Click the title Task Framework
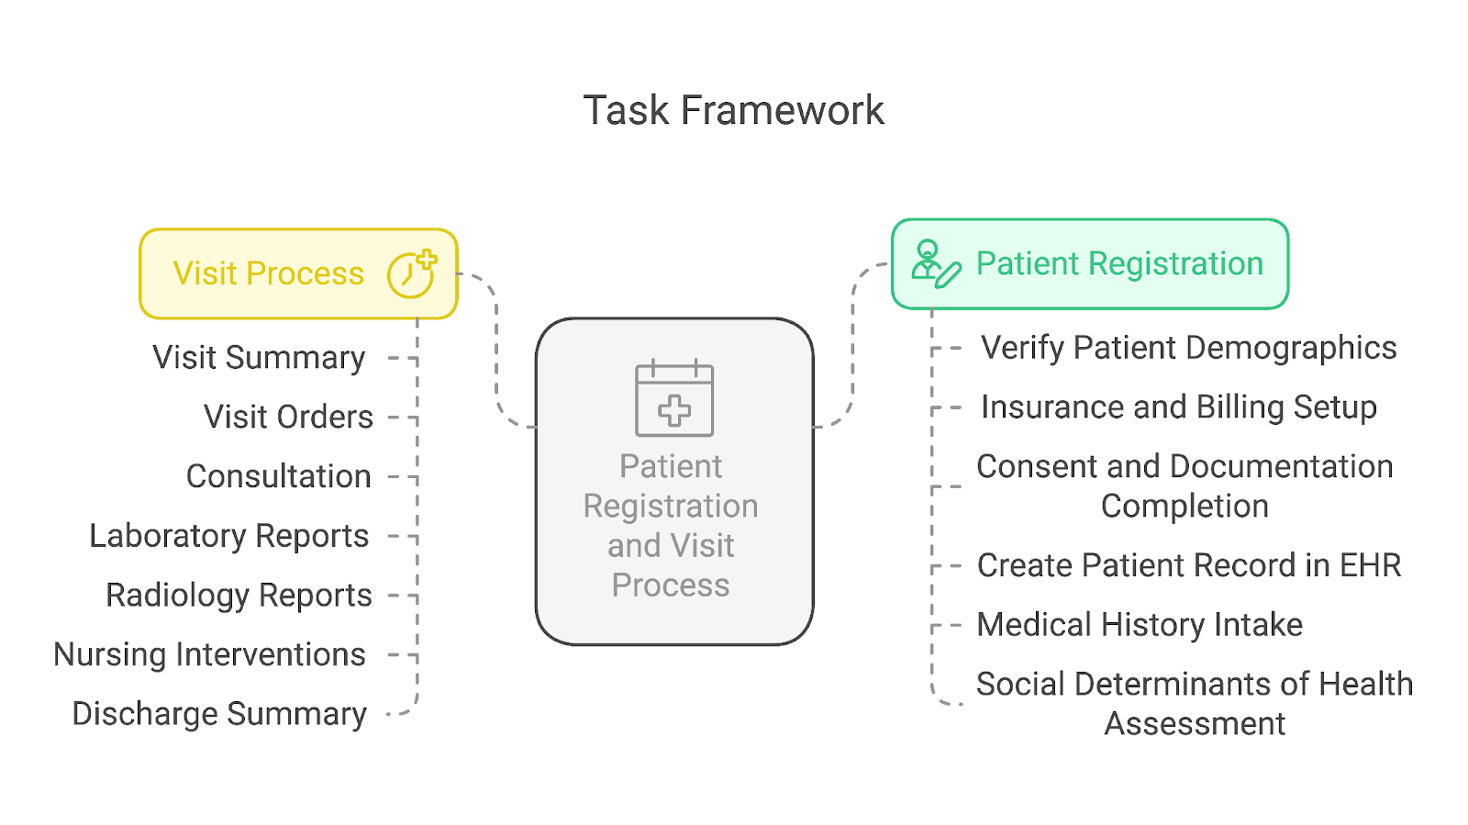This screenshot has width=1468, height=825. [733, 111]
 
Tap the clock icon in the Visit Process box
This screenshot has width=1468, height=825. [410, 273]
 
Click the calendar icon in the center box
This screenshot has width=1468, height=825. [674, 398]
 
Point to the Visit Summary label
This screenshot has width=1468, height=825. [259, 358]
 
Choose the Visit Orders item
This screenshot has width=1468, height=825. [288, 418]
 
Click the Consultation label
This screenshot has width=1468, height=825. [278, 477]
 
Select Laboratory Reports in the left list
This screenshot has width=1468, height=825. [228, 536]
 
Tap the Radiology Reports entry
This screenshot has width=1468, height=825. [239, 596]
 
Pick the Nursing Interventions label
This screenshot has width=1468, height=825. [209, 655]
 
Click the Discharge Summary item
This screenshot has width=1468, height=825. [219, 714]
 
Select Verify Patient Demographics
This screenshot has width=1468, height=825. [1188, 349]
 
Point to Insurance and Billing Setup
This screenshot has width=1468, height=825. [1178, 407]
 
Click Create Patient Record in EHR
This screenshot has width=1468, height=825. [1188, 565]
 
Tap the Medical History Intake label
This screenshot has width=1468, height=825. [1139, 625]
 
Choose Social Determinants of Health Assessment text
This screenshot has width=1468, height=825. [1194, 703]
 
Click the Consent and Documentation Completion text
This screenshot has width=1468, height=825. [1184, 486]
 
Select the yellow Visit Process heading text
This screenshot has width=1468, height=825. [269, 273]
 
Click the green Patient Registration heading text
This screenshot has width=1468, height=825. [1119, 264]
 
